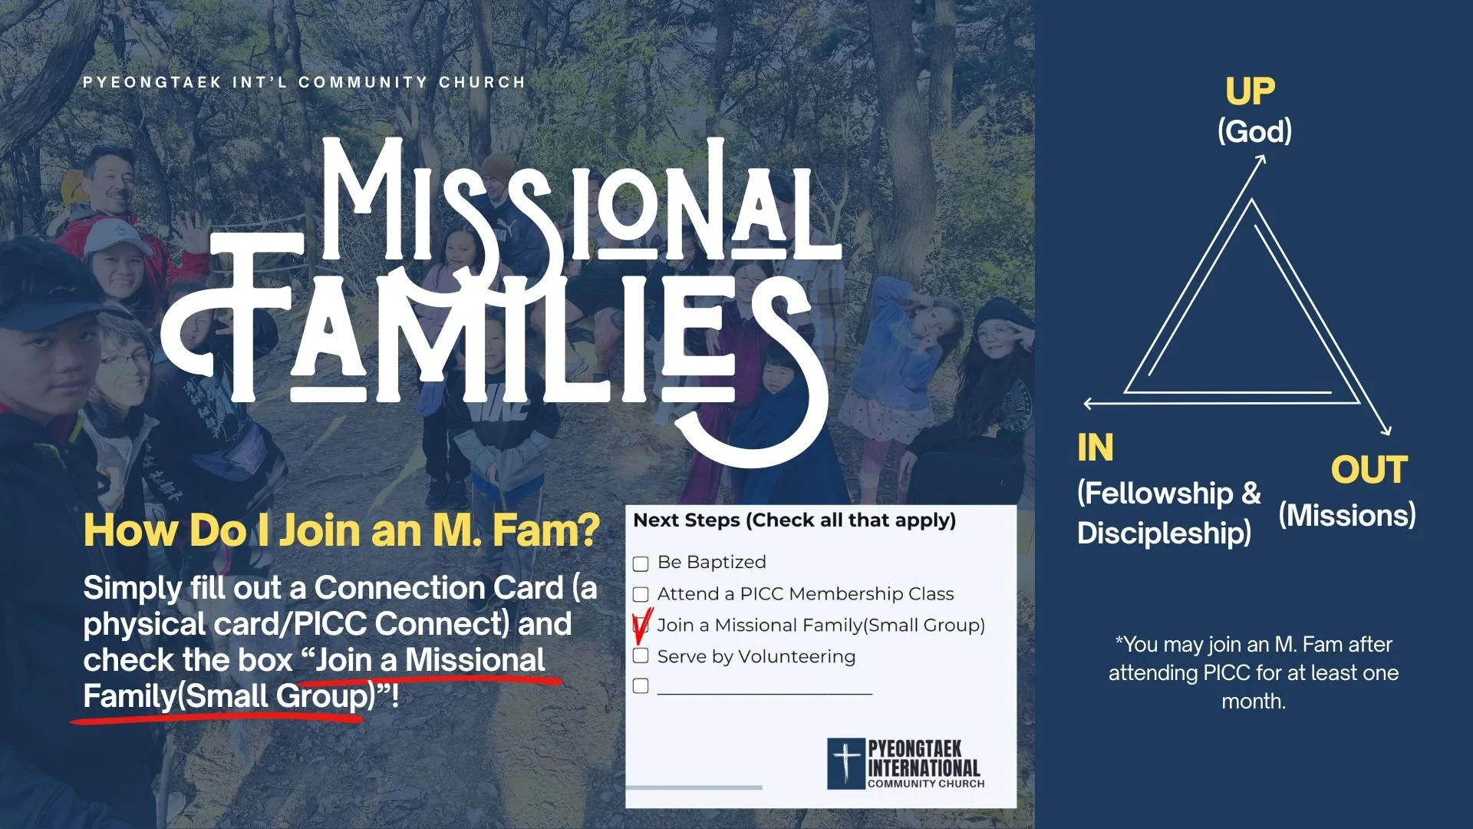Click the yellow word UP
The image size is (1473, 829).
(x=1250, y=91)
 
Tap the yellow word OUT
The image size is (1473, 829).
(x=1369, y=470)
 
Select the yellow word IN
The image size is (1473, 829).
(x=1095, y=448)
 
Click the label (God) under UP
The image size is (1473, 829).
(x=1254, y=131)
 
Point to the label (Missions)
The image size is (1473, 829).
(x=1346, y=515)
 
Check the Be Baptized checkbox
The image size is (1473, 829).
(x=641, y=564)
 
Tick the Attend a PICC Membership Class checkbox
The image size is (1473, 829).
(x=641, y=595)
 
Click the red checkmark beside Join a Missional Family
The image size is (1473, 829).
(x=642, y=626)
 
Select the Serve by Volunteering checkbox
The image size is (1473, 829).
(x=641, y=656)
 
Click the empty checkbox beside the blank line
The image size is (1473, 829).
(x=641, y=686)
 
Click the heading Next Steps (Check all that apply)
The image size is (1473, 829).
(x=794, y=520)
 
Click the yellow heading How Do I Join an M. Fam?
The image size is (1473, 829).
(x=341, y=530)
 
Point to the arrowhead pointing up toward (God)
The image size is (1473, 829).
(x=1260, y=159)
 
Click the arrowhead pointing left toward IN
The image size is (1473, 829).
(x=1089, y=403)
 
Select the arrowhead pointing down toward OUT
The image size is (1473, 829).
(x=1386, y=431)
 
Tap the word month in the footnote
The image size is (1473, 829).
(x=1253, y=701)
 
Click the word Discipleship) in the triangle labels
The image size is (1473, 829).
(x=1164, y=533)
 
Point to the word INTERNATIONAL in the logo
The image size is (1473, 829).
(x=924, y=768)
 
